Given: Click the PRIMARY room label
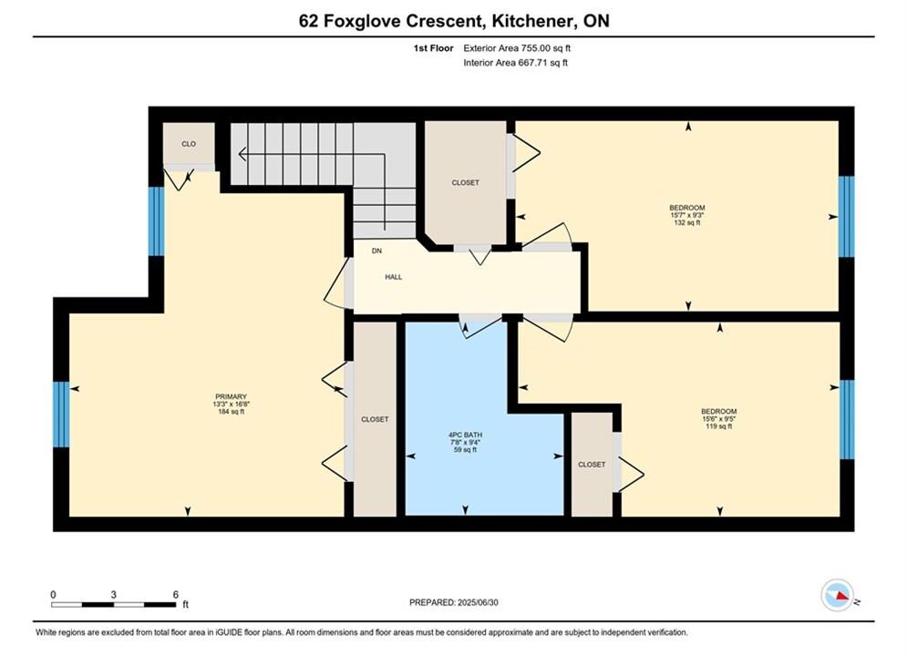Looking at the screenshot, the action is (x=231, y=396).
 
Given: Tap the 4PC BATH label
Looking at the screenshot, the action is (x=465, y=435).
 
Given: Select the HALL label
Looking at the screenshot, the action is (x=394, y=277).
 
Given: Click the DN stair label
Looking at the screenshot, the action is (x=376, y=251).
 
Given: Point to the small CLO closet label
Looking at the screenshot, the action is (x=189, y=144).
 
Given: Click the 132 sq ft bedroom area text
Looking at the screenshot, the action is (x=687, y=222).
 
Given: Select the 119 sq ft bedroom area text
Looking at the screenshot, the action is (x=719, y=426).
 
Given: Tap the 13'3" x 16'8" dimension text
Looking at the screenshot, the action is (x=231, y=405).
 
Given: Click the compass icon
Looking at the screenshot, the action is (x=837, y=595).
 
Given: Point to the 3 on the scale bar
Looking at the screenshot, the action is (x=113, y=594).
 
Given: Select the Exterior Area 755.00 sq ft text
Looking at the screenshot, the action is (x=517, y=48).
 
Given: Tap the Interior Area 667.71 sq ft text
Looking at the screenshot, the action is (x=515, y=63).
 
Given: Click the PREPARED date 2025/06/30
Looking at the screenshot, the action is (x=478, y=602).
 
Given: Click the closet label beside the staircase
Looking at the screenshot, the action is (x=466, y=182).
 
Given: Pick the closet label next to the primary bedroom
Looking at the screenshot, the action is (x=375, y=419).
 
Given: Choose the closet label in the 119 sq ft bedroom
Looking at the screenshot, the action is (x=592, y=464).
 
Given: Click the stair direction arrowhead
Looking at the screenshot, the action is (x=242, y=154).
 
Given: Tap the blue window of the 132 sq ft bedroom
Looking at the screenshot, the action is (x=846, y=217).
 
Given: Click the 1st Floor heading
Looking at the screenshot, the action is (x=433, y=48).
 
